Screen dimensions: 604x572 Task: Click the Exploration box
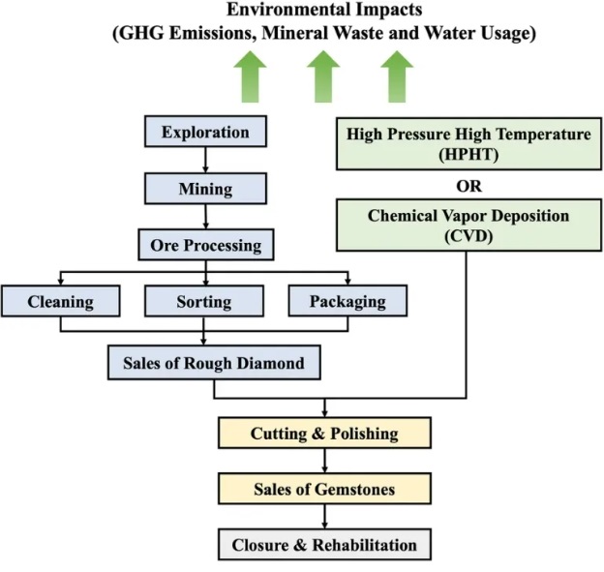(205, 132)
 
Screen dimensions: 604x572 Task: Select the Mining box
(205, 189)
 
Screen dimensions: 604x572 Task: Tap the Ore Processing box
(206, 245)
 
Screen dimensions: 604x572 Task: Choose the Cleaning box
(60, 301)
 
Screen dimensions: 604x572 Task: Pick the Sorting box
(204, 301)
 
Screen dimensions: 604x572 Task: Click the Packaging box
(347, 301)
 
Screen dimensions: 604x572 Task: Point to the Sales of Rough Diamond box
(214, 363)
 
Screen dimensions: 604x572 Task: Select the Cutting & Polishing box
(324, 433)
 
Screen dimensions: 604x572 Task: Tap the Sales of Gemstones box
(324, 489)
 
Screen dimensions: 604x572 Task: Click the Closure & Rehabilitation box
(324, 545)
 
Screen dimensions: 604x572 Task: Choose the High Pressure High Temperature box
(468, 144)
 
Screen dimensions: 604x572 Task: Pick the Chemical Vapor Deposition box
(468, 226)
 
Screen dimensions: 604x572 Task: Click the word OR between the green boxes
(468, 186)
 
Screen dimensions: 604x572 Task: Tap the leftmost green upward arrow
(250, 77)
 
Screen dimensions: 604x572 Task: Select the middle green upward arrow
(323, 77)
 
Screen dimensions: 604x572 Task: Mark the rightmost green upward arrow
(397, 77)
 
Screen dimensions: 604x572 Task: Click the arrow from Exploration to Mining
(205, 160)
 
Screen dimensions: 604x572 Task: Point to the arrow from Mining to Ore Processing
(206, 217)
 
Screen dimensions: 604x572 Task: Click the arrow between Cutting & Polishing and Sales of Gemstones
(324, 461)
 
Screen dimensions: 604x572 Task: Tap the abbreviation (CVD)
(468, 236)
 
